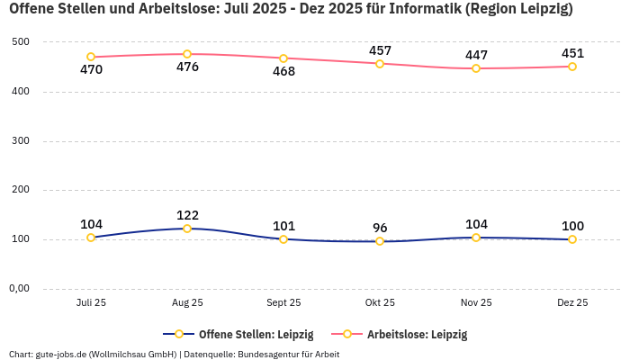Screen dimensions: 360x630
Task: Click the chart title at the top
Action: [291, 10]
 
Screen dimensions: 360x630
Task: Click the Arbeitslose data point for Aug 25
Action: [187, 54]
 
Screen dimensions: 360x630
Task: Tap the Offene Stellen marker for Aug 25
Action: [187, 229]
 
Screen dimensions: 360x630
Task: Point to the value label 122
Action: [187, 215]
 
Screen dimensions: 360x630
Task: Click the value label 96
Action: [380, 228]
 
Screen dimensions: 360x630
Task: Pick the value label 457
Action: [380, 50]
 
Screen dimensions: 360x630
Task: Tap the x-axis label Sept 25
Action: [283, 303]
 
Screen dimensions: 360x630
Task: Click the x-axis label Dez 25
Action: [572, 303]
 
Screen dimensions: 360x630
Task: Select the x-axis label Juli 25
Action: [91, 303]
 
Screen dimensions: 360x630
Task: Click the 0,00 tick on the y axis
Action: [19, 289]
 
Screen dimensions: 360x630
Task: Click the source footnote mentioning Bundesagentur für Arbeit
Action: [174, 354]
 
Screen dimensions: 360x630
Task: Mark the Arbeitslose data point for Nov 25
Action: [476, 68]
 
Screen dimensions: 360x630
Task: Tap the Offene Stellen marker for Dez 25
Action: [572, 239]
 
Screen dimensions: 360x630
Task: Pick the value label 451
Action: [572, 53]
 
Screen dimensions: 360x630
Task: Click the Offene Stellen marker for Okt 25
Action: [380, 241]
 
